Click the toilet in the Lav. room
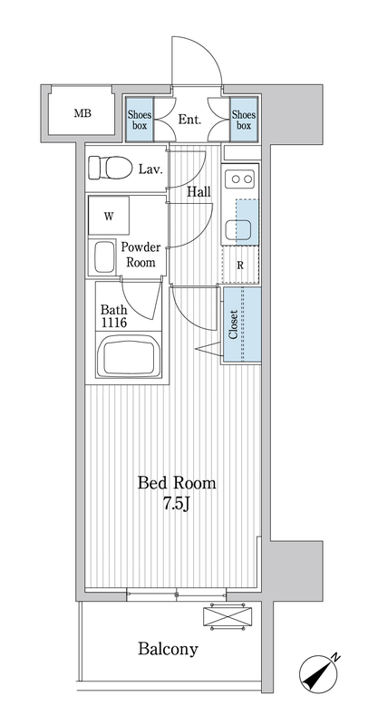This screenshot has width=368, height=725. (110, 168)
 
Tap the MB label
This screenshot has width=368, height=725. (82, 112)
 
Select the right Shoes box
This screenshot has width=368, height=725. (244, 120)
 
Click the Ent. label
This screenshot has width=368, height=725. (189, 121)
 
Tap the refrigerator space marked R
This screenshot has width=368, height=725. (240, 265)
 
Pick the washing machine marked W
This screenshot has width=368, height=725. (109, 216)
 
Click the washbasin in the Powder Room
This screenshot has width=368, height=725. (104, 257)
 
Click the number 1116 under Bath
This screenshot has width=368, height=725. (113, 323)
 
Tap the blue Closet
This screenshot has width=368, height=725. (242, 324)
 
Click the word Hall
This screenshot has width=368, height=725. (199, 191)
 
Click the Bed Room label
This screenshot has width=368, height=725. (177, 483)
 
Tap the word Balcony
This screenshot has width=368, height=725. (168, 649)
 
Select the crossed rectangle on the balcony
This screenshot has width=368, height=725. (228, 616)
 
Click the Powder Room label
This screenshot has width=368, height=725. (141, 255)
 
